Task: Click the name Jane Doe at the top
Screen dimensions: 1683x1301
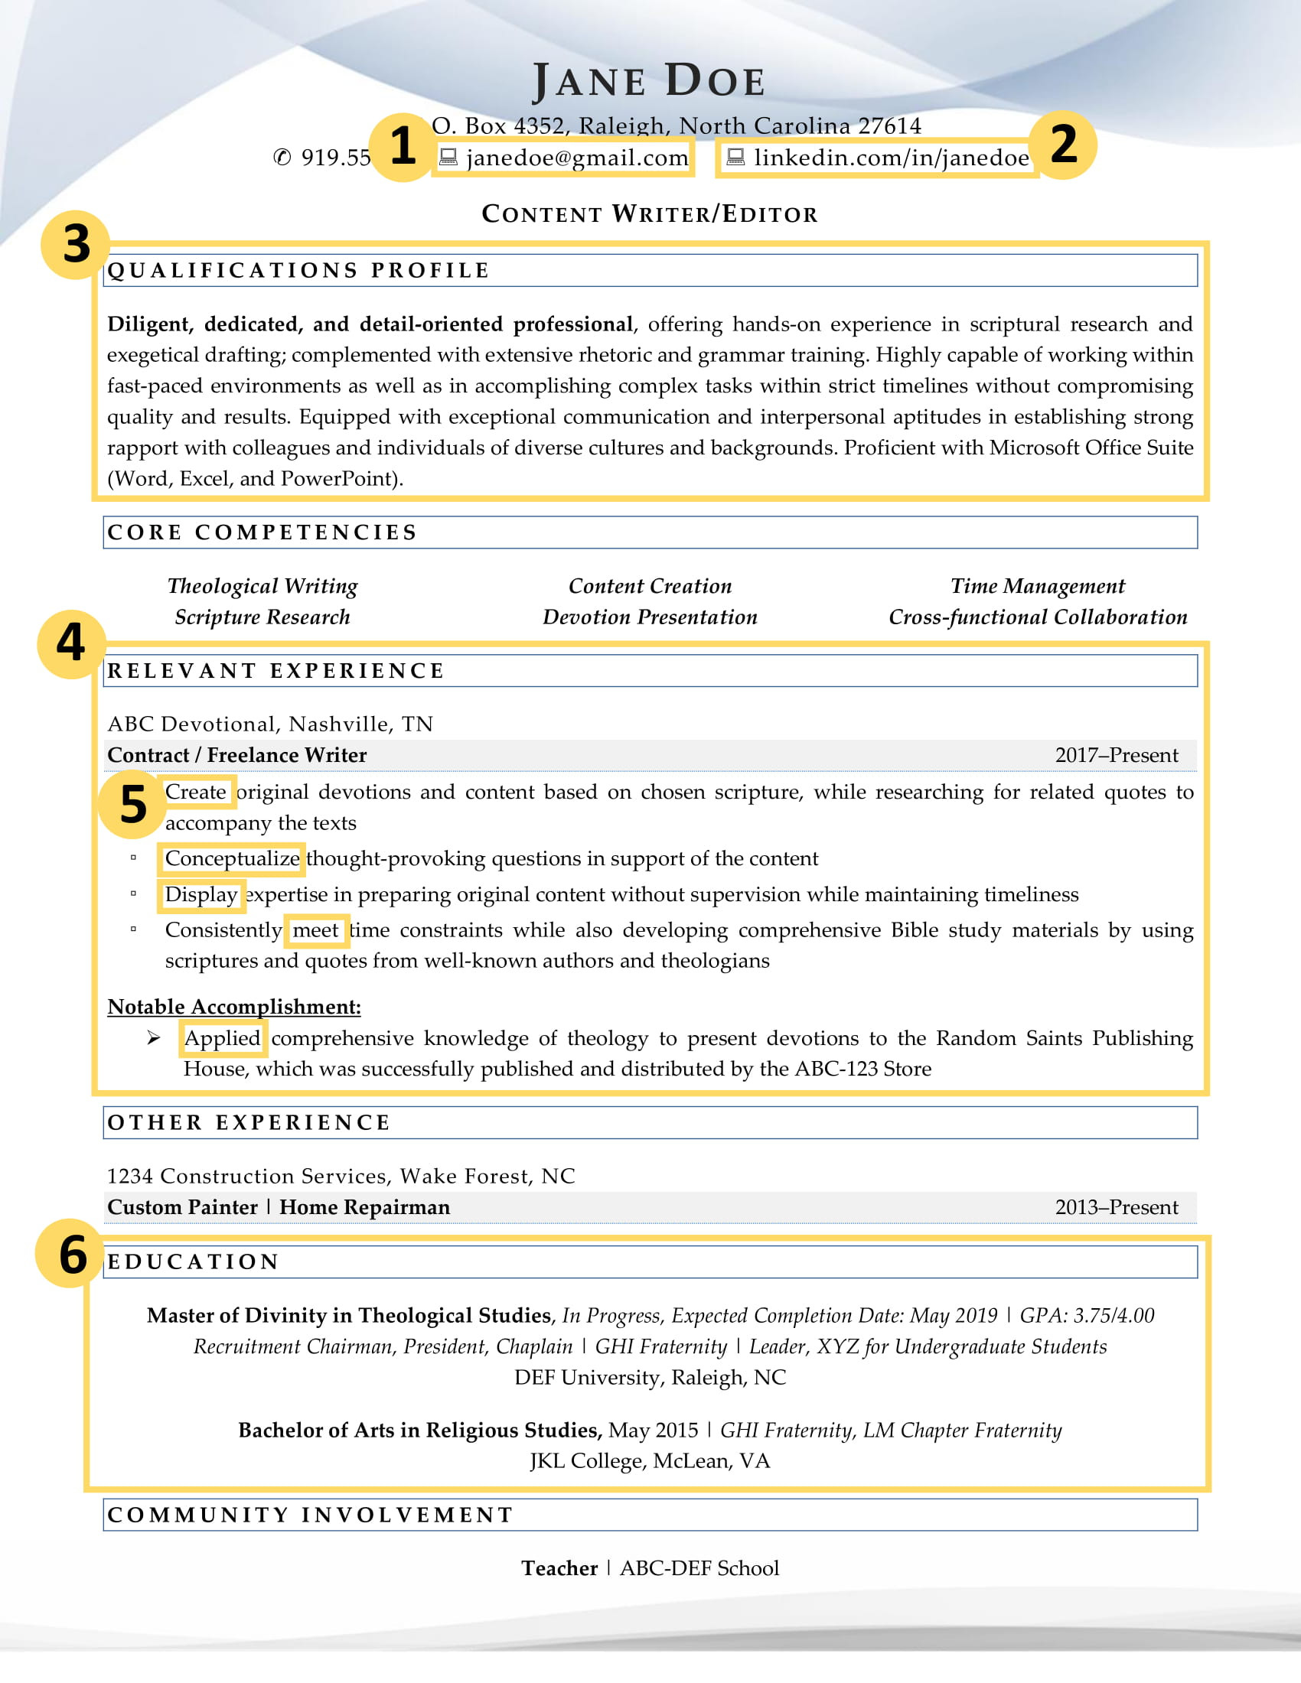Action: (649, 81)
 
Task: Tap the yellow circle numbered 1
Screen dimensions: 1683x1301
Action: (403, 146)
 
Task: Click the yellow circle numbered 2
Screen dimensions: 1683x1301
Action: (1064, 145)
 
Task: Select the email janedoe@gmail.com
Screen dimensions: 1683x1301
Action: (576, 158)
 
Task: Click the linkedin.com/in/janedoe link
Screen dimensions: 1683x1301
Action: (890, 158)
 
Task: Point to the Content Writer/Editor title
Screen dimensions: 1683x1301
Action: (649, 213)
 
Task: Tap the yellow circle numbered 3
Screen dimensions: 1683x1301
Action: (76, 244)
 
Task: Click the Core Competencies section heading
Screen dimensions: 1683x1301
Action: (262, 532)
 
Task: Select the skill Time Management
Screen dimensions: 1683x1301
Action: (1037, 587)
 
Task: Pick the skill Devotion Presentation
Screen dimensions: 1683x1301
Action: (649, 617)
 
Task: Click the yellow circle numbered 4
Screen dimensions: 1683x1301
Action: (71, 644)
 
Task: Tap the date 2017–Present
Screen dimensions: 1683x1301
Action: (1115, 755)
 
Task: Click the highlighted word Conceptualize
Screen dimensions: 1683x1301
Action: (232, 858)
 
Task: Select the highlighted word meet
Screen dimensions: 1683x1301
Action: (315, 930)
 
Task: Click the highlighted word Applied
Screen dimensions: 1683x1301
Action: (222, 1038)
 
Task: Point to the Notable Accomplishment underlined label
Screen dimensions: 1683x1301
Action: (233, 1007)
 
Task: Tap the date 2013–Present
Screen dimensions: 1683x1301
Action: (1115, 1206)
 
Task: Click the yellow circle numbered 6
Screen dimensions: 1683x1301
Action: (72, 1254)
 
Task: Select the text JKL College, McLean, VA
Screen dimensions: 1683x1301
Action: (649, 1461)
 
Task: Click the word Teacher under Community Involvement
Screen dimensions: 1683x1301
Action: (559, 1568)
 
